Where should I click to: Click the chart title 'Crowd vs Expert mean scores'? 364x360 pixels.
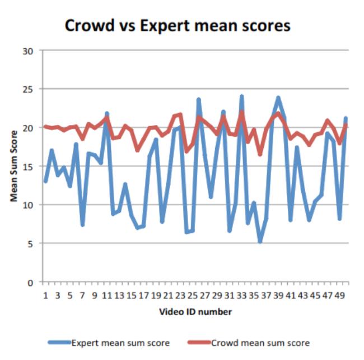[x=177, y=25]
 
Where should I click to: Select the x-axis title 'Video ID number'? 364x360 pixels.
[x=195, y=311]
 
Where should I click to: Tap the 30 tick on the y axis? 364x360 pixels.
[x=29, y=51]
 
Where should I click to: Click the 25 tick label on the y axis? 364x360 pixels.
[x=29, y=89]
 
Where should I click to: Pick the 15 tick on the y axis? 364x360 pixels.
[x=29, y=167]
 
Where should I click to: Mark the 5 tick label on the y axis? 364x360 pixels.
[x=31, y=243]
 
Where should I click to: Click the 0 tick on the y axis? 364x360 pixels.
[x=31, y=282]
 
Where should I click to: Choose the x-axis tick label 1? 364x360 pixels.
[x=45, y=294]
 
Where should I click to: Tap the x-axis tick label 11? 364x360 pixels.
[x=106, y=294]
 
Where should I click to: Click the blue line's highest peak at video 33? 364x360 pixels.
[x=242, y=96]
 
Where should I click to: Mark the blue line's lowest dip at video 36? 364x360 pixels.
[x=260, y=242]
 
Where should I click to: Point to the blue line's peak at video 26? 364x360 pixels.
[x=199, y=100]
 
